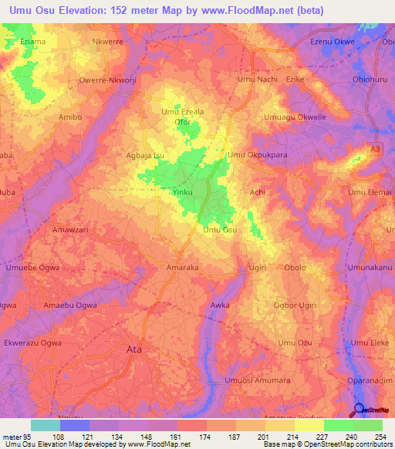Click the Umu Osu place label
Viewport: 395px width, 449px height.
220,230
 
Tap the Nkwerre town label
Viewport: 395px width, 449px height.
107,42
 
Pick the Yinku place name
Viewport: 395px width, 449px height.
182,191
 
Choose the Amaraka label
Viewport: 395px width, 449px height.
183,268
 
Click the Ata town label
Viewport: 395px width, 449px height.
133,349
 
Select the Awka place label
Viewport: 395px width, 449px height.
220,306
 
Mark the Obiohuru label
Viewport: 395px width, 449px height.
368,79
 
